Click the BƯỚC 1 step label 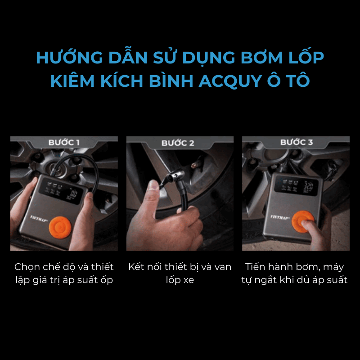(64, 142)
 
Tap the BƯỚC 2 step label (178, 143)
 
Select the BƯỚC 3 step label (297, 142)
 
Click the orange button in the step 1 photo (60, 228)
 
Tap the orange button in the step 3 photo (302, 221)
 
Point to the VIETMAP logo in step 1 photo (39, 219)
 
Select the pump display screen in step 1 (61, 191)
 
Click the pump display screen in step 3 (297, 185)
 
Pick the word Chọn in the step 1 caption (27, 267)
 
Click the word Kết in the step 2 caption (136, 266)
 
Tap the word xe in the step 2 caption (189, 280)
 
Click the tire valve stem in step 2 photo (197, 164)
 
